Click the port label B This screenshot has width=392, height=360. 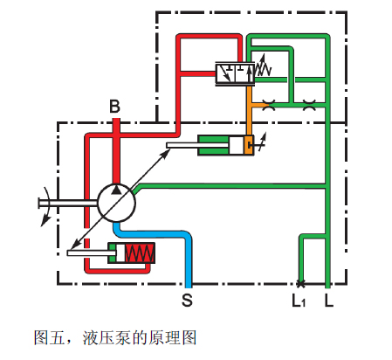[x=114, y=107]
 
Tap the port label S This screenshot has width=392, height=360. [x=187, y=300]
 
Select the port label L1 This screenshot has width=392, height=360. [x=299, y=301]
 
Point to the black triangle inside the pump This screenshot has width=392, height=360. [x=116, y=190]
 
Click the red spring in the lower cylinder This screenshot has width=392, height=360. [x=140, y=253]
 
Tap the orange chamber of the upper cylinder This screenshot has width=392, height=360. [x=248, y=145]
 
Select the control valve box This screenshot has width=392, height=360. [x=235, y=73]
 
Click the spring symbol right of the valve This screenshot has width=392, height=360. [x=263, y=68]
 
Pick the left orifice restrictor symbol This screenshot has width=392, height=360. [x=269, y=105]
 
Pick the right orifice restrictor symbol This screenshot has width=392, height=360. [x=309, y=105]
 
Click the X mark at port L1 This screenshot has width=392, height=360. [x=300, y=283]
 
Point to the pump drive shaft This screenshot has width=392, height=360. [x=68, y=203]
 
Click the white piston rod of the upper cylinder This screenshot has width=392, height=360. [x=198, y=145]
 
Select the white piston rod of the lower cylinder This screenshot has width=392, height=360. [x=92, y=253]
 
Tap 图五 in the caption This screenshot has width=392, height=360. [x=50, y=338]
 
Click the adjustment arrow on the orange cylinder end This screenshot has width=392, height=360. [x=262, y=142]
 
